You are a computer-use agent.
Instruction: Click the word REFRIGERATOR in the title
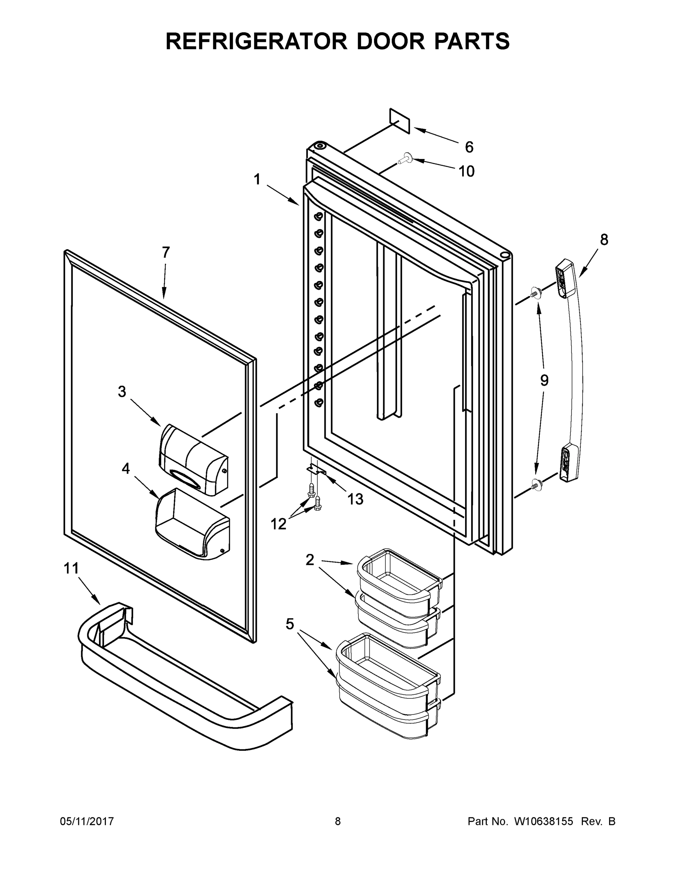pyautogui.click(x=256, y=41)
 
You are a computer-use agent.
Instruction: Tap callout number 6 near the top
pyautogui.click(x=469, y=147)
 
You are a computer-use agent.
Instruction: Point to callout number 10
pyautogui.click(x=466, y=171)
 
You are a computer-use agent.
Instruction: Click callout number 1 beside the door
pyautogui.click(x=257, y=179)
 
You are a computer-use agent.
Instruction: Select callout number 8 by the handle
pyautogui.click(x=604, y=240)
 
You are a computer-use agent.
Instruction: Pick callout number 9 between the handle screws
pyautogui.click(x=544, y=380)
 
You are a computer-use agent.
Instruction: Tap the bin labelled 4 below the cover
pyautogui.click(x=192, y=524)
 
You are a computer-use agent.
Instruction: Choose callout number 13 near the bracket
pyautogui.click(x=355, y=499)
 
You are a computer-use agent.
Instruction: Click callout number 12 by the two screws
pyautogui.click(x=278, y=524)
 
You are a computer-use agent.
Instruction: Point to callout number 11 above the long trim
pyautogui.click(x=71, y=569)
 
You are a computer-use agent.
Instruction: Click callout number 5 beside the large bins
pyautogui.click(x=290, y=623)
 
